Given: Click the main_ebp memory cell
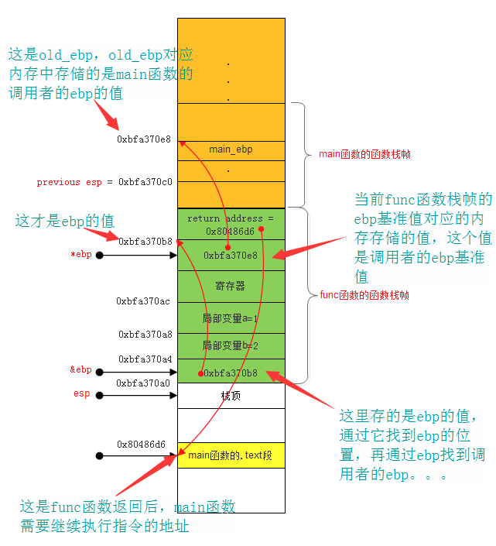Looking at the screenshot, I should pyautogui.click(x=231, y=149).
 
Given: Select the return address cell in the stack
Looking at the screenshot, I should pyautogui.click(x=231, y=224).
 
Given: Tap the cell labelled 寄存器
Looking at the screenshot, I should pyautogui.click(x=231, y=287).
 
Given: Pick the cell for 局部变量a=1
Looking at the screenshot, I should pyautogui.click(x=231, y=318).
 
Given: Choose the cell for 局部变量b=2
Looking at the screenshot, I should pyautogui.click(x=231, y=345).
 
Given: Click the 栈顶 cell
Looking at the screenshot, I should pyautogui.click(x=231, y=396).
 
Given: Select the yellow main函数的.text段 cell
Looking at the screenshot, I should pyautogui.click(x=231, y=455).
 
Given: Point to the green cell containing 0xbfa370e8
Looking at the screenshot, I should pyautogui.click(x=231, y=255).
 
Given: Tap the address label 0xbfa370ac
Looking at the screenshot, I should pyautogui.click(x=143, y=300).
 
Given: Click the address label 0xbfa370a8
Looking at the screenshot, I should pyautogui.click(x=145, y=334).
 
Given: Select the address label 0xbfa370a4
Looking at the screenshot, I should pyautogui.click(x=145, y=359).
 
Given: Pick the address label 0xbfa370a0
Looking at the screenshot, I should pyautogui.click(x=143, y=383).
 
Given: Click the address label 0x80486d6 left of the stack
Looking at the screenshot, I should pyautogui.click(x=142, y=444).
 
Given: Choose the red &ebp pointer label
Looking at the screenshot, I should pyautogui.click(x=80, y=369).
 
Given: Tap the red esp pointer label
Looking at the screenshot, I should pyautogui.click(x=81, y=393).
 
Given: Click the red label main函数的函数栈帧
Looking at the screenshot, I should pyautogui.click(x=364, y=154).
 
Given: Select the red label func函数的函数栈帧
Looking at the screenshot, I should pyautogui.click(x=364, y=295).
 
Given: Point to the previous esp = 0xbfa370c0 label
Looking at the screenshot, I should pyautogui.click(x=104, y=182).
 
